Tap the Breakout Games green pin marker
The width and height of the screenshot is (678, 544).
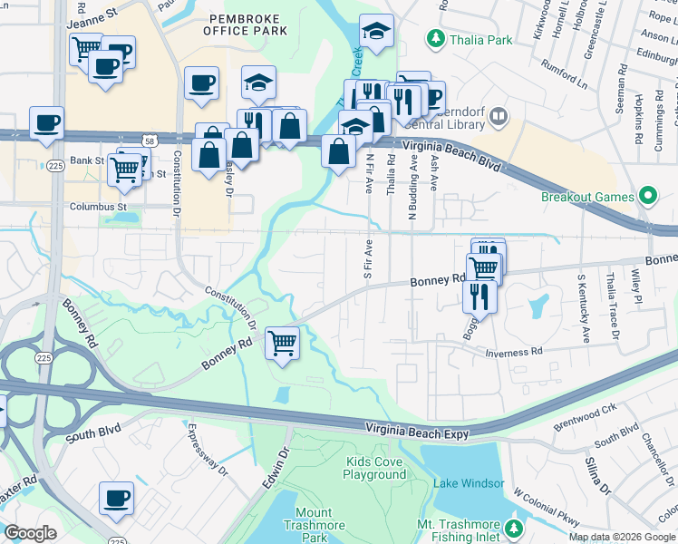click(647, 196)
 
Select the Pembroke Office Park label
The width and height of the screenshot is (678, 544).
click(247, 24)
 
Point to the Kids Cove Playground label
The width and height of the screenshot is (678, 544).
click(375, 468)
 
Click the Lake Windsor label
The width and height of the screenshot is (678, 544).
click(468, 482)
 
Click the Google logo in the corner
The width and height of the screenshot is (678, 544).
click(30, 533)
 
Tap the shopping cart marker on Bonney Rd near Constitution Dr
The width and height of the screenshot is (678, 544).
click(283, 344)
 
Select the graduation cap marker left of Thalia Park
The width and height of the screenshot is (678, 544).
click(376, 32)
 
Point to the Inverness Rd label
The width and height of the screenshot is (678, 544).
click(513, 352)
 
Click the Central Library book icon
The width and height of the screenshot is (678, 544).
click(500, 116)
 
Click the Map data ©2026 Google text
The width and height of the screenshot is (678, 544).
click(621, 537)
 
